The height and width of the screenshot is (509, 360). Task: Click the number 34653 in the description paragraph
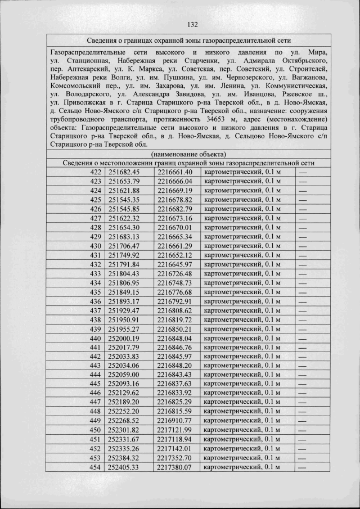pos(219,120)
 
